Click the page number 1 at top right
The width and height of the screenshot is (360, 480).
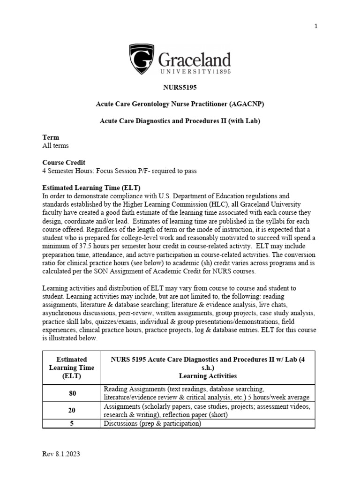(x=316, y=26)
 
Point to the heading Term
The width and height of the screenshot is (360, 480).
(x=51, y=137)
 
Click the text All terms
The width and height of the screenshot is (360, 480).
(x=55, y=146)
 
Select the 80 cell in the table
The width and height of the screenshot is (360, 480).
(x=72, y=393)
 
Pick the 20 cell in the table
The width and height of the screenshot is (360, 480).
(x=72, y=410)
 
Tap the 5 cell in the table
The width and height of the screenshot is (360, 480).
(x=72, y=423)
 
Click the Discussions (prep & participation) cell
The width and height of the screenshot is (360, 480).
(x=152, y=423)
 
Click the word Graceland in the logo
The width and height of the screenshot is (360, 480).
(x=194, y=60)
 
